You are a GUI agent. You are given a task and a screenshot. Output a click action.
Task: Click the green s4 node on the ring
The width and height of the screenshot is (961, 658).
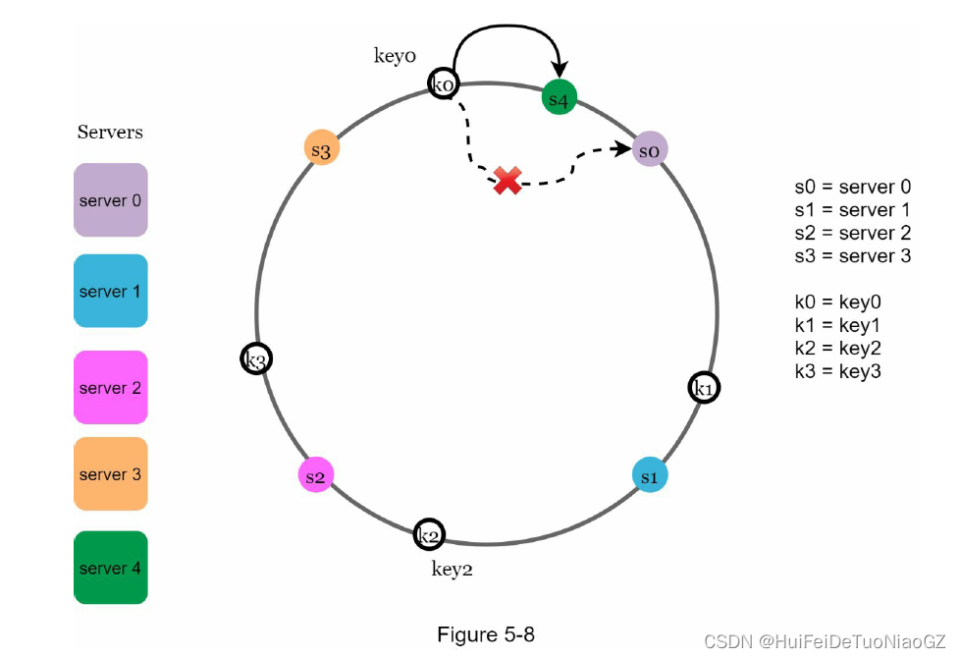pyautogui.click(x=559, y=98)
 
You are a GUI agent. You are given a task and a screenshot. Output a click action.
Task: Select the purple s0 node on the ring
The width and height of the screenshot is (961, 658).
pyautogui.click(x=650, y=150)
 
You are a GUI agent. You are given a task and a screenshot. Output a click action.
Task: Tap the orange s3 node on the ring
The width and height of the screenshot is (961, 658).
pyautogui.click(x=321, y=150)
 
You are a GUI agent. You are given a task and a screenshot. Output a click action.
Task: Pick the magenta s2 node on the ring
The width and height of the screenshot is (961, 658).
pyautogui.click(x=315, y=475)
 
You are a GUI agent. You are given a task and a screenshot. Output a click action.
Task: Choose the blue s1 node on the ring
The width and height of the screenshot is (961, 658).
pyautogui.click(x=650, y=475)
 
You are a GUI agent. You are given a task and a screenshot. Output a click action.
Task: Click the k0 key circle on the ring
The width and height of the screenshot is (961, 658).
pyautogui.click(x=443, y=85)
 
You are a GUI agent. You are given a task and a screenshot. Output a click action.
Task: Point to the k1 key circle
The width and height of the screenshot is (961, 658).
pyautogui.click(x=704, y=389)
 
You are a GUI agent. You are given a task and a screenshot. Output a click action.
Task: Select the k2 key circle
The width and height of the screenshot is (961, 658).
pyautogui.click(x=429, y=535)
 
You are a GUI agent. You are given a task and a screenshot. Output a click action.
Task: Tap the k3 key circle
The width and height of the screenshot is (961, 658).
pyautogui.click(x=256, y=359)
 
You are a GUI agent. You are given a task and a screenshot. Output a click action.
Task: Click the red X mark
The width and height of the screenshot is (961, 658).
pyautogui.click(x=507, y=181)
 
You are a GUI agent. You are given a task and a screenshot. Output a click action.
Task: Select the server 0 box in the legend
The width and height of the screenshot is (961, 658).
pyautogui.click(x=111, y=200)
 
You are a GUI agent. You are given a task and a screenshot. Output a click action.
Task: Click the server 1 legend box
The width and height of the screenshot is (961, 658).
pyautogui.click(x=111, y=292)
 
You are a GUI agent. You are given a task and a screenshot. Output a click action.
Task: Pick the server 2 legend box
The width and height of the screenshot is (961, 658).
pyautogui.click(x=111, y=388)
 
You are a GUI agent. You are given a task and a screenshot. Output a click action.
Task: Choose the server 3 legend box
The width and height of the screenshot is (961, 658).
pyautogui.click(x=111, y=474)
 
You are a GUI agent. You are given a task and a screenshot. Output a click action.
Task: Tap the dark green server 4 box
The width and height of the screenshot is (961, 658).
pyautogui.click(x=111, y=568)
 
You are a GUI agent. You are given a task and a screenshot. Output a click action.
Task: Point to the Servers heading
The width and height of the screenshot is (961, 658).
pyautogui.click(x=110, y=132)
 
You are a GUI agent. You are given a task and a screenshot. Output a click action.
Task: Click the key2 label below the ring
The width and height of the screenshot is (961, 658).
pyautogui.click(x=453, y=568)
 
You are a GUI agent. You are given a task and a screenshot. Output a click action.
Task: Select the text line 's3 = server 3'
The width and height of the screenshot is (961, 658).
pyautogui.click(x=853, y=255)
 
